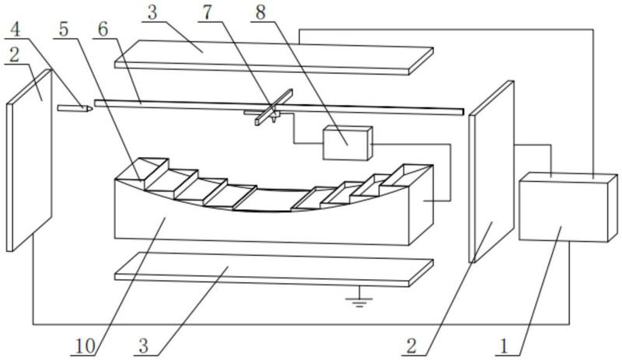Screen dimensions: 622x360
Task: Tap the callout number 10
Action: point(86,347)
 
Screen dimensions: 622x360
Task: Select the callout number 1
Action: point(504,347)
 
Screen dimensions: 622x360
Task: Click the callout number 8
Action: point(260,12)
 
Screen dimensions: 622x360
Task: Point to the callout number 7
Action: point(207,12)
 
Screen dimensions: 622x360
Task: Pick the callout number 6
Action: point(103,30)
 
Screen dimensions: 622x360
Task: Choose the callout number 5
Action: point(63,30)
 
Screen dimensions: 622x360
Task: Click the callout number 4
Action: point(15,30)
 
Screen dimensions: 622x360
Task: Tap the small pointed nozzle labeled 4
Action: point(75,108)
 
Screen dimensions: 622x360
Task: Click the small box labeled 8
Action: point(348,143)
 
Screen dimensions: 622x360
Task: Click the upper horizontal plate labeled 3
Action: point(274,58)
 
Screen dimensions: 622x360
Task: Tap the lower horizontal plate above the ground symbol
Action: point(274,269)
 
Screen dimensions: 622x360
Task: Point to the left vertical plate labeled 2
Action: point(30,160)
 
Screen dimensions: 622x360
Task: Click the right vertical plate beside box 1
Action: point(491,172)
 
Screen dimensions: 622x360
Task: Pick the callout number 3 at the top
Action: point(152,12)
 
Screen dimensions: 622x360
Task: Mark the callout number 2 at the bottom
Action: point(411,347)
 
